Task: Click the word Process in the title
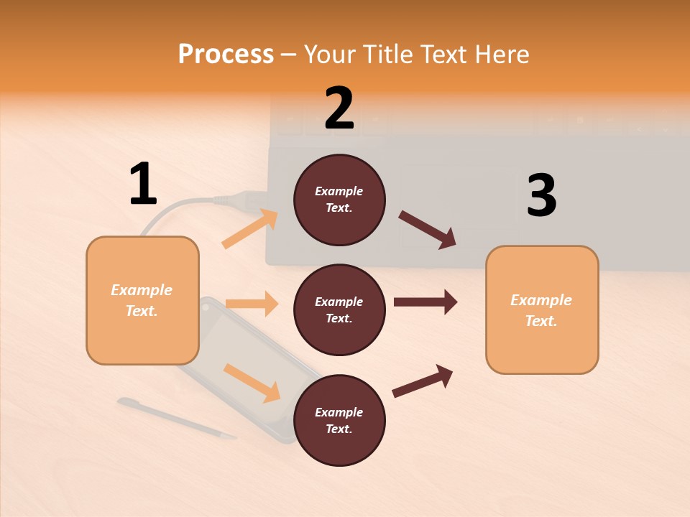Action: (226, 54)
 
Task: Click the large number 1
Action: (143, 185)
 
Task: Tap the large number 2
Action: (339, 108)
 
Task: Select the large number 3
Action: (541, 196)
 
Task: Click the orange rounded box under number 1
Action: (142, 300)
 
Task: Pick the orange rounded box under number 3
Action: (542, 310)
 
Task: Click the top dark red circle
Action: (339, 200)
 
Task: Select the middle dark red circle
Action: (339, 310)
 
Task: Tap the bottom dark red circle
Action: (339, 421)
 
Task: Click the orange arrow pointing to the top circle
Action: (250, 228)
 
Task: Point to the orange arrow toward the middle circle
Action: (252, 304)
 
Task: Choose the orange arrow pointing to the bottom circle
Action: (252, 383)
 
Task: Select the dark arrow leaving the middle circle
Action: (425, 302)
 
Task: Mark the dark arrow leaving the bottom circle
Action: (423, 381)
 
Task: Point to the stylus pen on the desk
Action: (176, 418)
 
